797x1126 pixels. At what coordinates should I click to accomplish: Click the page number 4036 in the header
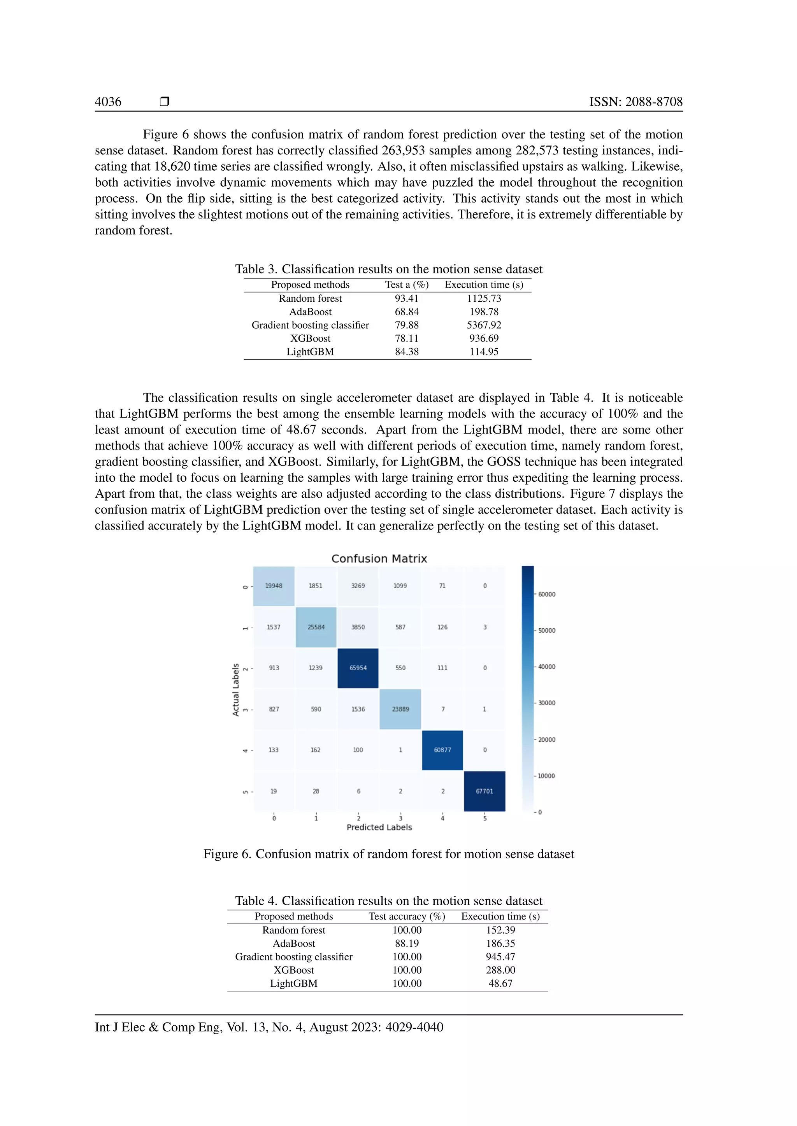coord(108,101)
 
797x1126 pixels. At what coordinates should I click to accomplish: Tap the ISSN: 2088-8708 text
coord(635,101)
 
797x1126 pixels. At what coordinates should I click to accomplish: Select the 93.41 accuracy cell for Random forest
coord(406,298)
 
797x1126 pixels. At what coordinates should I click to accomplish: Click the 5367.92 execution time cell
coord(483,325)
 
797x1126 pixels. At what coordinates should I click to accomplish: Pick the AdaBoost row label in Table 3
coord(310,311)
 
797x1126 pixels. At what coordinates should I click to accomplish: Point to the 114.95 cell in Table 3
coord(483,351)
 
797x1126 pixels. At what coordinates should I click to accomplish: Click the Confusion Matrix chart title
coord(379,559)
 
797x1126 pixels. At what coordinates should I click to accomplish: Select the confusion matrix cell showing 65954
coord(358,668)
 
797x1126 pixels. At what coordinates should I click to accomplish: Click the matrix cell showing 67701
coord(485,791)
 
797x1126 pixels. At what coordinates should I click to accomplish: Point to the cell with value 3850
coord(358,627)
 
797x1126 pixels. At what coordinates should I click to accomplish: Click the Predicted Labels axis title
coord(379,827)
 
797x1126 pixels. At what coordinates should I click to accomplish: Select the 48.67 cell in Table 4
coord(500,983)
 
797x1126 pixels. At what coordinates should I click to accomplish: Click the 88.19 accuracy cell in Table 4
coord(406,943)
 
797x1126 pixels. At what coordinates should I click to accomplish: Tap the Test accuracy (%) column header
coord(406,916)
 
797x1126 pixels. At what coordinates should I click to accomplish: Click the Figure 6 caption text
coord(389,854)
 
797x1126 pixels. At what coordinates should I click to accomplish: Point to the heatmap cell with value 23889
coord(400,709)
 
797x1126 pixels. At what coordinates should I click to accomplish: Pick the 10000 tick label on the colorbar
coord(546,776)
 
